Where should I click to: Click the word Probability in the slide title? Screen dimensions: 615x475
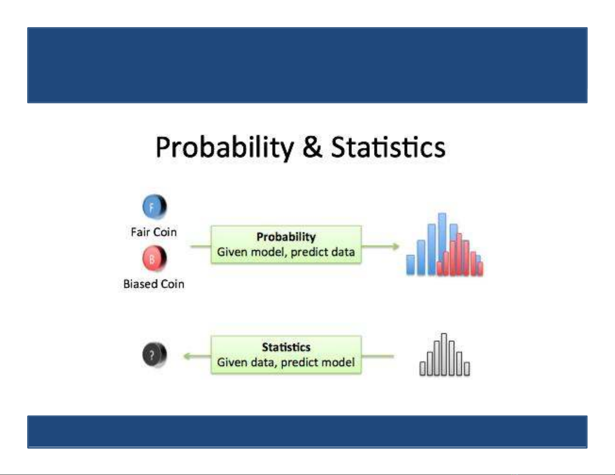click(225, 148)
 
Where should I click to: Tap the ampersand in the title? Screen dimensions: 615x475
click(312, 147)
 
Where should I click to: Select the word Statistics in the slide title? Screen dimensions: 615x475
click(388, 147)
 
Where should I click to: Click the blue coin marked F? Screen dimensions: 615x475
click(154, 207)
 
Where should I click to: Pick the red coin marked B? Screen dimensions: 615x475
click(154, 259)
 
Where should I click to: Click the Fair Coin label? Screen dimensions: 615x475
click(154, 232)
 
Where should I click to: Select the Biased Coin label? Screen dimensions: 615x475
click(154, 284)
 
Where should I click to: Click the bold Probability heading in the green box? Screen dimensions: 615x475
click(286, 237)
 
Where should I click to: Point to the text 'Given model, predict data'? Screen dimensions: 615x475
click(286, 252)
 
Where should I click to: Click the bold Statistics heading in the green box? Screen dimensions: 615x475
click(286, 347)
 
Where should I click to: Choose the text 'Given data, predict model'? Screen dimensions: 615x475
click(286, 362)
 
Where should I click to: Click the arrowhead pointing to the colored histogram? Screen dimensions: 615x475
click(395, 247)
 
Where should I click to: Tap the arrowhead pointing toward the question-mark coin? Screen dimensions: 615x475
click(187, 356)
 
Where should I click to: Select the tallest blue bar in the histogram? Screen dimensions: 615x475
click(442, 244)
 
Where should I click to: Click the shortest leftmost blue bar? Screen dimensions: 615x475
click(411, 264)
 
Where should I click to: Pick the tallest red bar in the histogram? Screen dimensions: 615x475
click(459, 254)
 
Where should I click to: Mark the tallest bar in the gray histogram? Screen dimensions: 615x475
click(444, 354)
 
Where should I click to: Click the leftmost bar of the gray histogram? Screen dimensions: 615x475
click(423, 369)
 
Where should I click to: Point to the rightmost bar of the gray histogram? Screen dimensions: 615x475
click(467, 369)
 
